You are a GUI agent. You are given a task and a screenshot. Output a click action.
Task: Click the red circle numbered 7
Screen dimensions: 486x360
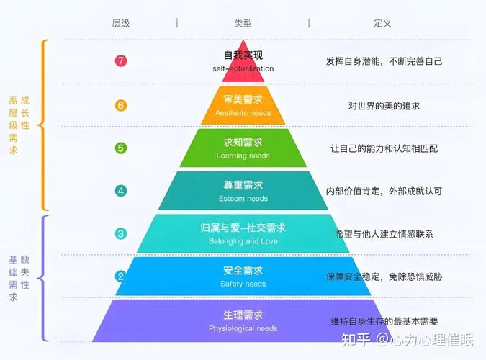tap(121, 60)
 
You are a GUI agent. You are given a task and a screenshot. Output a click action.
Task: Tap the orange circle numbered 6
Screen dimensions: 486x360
tap(121, 105)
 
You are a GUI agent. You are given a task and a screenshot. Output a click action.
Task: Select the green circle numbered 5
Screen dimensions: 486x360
tap(121, 148)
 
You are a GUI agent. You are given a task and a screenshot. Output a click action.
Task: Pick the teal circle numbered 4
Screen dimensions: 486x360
tap(121, 191)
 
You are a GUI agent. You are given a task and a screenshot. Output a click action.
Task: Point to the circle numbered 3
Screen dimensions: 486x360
tap(121, 233)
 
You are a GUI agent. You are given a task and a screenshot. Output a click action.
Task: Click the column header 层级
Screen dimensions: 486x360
tap(121, 23)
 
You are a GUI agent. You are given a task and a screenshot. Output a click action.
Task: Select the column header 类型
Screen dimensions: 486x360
tap(243, 23)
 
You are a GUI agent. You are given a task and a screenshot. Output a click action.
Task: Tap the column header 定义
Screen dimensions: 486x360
tap(382, 23)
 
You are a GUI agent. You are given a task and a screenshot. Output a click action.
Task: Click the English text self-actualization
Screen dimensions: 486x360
tap(243, 68)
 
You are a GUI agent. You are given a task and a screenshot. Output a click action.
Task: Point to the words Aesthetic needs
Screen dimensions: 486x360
tap(243, 113)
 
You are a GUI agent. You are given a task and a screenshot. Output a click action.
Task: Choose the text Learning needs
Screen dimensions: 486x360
tap(243, 156)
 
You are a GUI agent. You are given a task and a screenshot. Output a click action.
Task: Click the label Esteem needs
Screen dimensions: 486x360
tap(243, 199)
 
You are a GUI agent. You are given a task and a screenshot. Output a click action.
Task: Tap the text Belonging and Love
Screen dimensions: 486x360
tap(243, 241)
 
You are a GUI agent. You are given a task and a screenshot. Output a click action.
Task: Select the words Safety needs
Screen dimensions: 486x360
tap(243, 284)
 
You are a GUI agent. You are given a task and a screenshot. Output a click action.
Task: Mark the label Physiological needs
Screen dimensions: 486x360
tap(243, 328)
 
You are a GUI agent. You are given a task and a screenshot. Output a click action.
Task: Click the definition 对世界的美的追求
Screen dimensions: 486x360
tap(384, 106)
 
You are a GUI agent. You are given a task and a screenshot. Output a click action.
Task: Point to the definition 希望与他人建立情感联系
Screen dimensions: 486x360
tap(384, 234)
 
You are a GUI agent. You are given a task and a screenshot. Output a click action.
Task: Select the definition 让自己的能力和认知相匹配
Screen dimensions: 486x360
tap(384, 148)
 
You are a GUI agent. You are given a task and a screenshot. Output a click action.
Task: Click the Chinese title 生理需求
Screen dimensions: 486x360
tap(243, 315)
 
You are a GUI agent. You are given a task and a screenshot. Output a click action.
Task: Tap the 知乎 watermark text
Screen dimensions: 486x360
tap(356, 339)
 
